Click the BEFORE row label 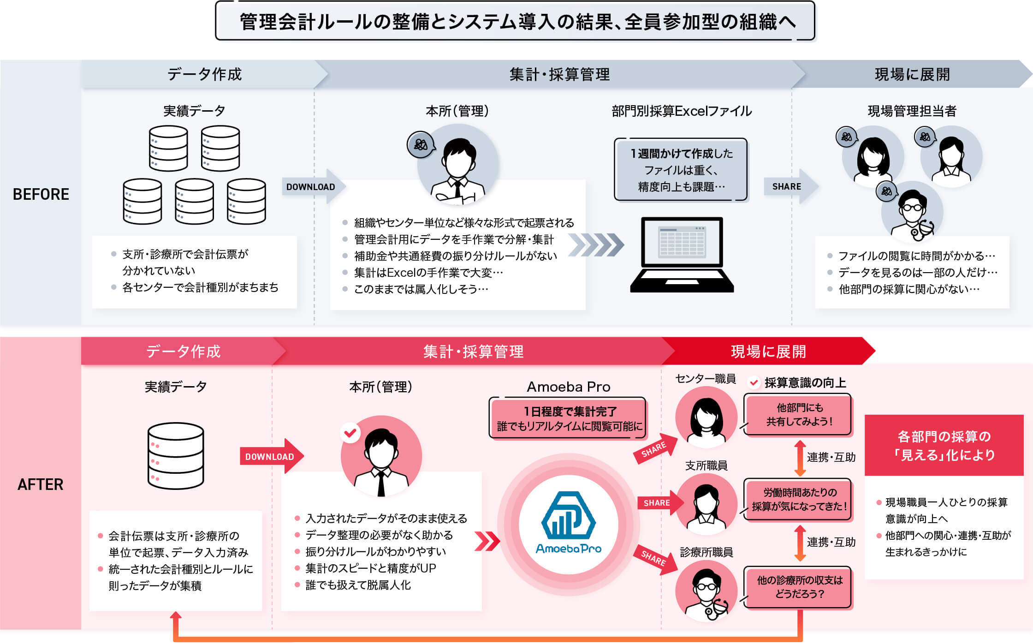[x=41, y=194]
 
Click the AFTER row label [x=41, y=484]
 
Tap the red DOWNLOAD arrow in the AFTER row [x=272, y=456]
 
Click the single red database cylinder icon [x=176, y=455]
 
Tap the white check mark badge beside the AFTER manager [x=350, y=433]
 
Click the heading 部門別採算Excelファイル [x=682, y=111]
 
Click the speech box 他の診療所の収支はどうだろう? [x=799, y=587]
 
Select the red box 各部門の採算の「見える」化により [x=944, y=445]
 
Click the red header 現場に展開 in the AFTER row [x=768, y=352]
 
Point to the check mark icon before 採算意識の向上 [x=754, y=382]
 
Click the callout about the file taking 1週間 [x=681, y=170]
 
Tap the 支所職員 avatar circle [x=706, y=504]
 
